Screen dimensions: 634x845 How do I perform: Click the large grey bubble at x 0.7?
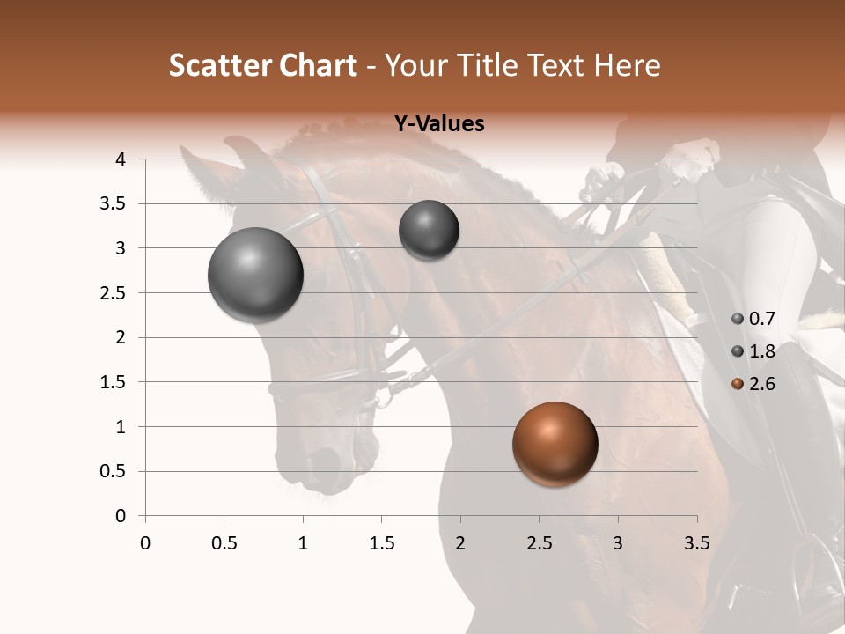255,275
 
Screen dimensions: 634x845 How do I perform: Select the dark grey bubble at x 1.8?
429,230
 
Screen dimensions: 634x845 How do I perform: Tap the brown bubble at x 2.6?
555,444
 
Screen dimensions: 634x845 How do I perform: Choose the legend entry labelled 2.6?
762,383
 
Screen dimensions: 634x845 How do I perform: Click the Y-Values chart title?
439,124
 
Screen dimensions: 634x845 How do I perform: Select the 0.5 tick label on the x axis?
224,542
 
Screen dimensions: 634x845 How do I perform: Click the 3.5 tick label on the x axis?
696,542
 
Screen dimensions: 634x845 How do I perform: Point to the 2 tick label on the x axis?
460,542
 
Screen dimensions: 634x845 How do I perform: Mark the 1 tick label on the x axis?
303,542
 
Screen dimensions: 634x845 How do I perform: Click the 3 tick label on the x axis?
618,542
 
